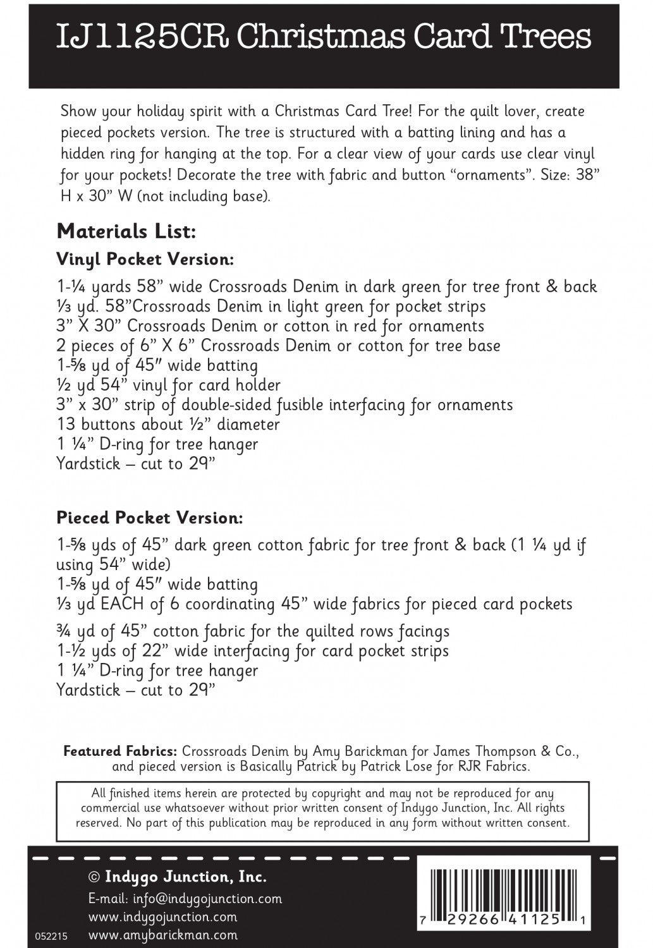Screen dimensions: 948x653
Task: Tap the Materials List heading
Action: (126, 231)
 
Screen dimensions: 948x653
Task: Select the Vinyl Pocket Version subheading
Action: (145, 259)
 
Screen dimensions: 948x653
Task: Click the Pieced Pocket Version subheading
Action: (150, 518)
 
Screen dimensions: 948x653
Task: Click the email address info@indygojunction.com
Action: (185, 899)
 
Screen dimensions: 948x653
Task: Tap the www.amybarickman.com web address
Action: (163, 935)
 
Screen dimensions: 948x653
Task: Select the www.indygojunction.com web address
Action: (163, 916)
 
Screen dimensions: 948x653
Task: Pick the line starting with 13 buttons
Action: (168, 424)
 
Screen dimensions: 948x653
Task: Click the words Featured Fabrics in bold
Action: (120, 752)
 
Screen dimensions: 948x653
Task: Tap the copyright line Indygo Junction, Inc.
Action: (177, 877)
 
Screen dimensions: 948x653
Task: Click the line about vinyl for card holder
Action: (168, 385)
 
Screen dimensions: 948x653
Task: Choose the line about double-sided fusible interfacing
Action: (284, 404)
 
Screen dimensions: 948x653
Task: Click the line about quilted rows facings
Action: (253, 631)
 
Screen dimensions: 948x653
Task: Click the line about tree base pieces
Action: (278, 346)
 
